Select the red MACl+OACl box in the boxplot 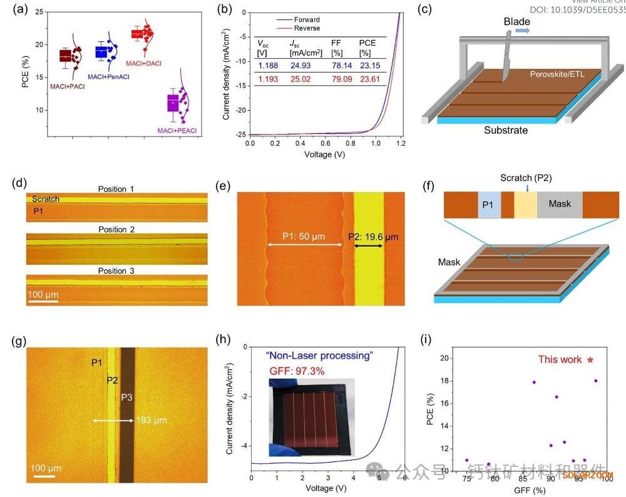(x=136, y=34)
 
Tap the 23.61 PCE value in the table (x=369, y=79)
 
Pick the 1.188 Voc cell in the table (x=269, y=65)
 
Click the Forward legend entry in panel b (x=306, y=19)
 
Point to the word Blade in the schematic (x=517, y=22)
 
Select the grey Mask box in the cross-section (x=559, y=204)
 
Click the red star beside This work (x=589, y=360)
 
